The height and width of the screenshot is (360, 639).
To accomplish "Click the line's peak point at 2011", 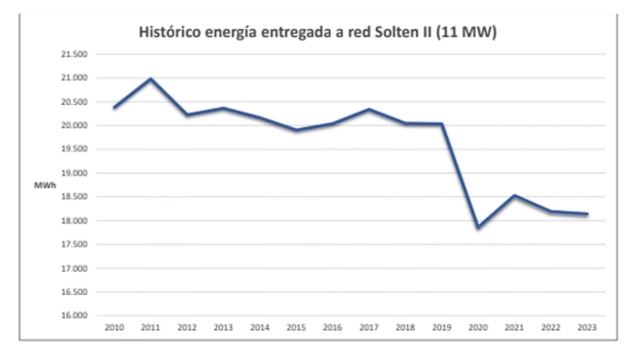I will pyautogui.click(x=151, y=79).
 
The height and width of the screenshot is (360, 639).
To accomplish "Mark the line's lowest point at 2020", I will pyautogui.click(x=478, y=228).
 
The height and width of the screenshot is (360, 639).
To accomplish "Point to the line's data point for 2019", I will pyautogui.click(x=442, y=124).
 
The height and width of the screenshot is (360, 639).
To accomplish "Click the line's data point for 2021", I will pyautogui.click(x=515, y=195).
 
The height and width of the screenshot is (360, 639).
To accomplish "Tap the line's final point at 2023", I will pyautogui.click(x=587, y=214).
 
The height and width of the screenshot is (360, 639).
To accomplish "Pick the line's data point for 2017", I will pyautogui.click(x=369, y=109).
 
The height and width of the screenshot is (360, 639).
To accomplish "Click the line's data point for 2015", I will pyautogui.click(x=297, y=130).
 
